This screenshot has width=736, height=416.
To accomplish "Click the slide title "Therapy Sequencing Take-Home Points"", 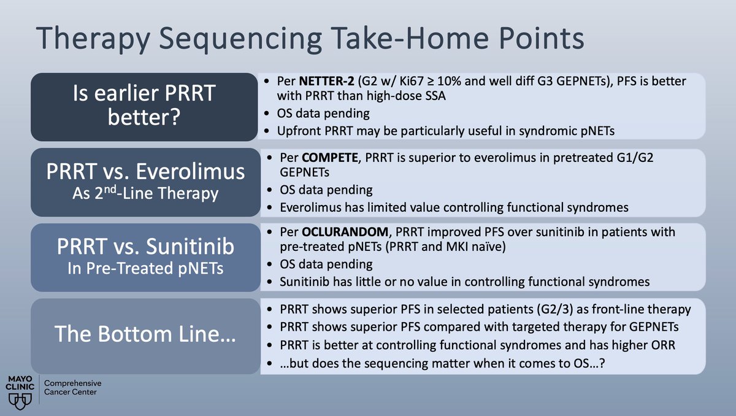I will click(310, 39).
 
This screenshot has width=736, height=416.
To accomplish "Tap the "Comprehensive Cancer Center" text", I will click(72, 387).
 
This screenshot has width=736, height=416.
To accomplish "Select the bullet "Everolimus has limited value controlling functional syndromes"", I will click(454, 207).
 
